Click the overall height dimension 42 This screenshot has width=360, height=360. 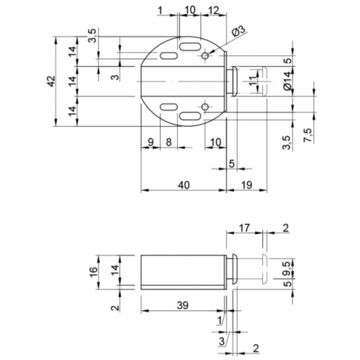[51, 81]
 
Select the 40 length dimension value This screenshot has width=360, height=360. [184, 185]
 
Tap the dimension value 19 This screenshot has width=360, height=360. [246, 185]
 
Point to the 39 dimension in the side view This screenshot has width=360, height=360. [183, 305]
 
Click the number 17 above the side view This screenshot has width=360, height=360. [245, 228]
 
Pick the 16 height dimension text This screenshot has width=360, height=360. [94, 271]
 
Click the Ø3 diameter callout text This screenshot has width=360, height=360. [239, 31]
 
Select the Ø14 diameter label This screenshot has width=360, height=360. [288, 81]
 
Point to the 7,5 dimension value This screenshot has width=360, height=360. [308, 135]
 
